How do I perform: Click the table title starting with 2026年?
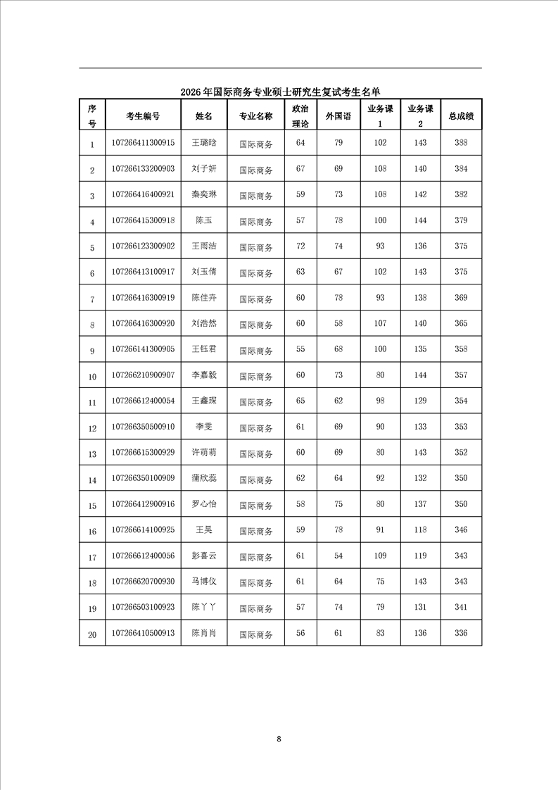pos(280,92)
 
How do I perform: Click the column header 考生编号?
pos(143,116)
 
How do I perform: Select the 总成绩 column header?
pos(461,116)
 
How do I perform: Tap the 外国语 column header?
pos(338,116)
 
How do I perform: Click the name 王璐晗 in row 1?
pos(204,143)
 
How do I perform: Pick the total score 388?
pos(461,143)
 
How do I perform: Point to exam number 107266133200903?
pos(143,169)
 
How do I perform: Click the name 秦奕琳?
pos(204,195)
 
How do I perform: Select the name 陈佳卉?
pos(204,298)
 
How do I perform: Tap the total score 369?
pos(461,298)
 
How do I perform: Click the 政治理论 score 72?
pos(300,246)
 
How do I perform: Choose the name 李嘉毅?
pos(204,375)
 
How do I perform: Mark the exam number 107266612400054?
pos(143,401)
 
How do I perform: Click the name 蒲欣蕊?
pos(204,479)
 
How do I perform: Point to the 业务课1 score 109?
pos(380,556)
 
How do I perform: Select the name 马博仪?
pos(204,582)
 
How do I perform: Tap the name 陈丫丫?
pos(204,608)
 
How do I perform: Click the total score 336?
pos(461,634)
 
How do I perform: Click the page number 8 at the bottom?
pos(279,739)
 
